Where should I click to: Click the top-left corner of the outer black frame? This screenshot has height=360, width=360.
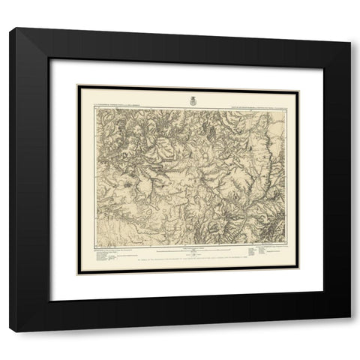pyautogui.click(x=10, y=28)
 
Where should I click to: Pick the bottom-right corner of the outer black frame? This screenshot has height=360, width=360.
pyautogui.click(x=350, y=317)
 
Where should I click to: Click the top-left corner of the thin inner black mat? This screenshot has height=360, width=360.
pyautogui.click(x=77, y=85)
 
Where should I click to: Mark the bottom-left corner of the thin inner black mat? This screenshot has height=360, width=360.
pyautogui.click(x=77, y=274)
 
